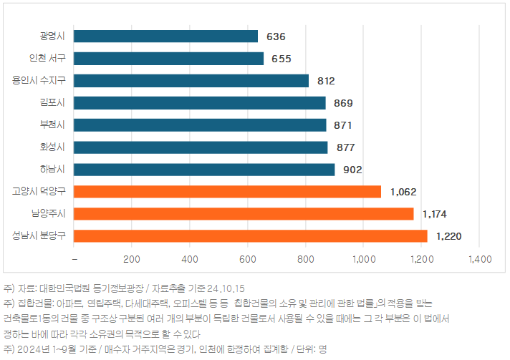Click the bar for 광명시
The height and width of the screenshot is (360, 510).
click(165, 36)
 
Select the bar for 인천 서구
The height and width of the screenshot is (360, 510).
click(168, 58)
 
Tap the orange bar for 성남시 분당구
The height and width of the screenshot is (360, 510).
click(250, 235)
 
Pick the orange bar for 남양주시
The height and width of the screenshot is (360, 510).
click(244, 213)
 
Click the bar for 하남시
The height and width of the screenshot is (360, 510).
click(204, 169)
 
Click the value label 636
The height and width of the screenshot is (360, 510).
click(276, 36)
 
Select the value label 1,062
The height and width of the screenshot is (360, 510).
click(403, 191)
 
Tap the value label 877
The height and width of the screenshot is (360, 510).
click(345, 147)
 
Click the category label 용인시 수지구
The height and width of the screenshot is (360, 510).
click(39, 80)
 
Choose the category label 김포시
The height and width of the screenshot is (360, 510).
click(52, 102)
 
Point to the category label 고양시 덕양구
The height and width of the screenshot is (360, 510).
click(39, 191)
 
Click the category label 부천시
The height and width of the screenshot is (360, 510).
click(52, 125)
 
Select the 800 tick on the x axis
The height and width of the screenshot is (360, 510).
click(305, 258)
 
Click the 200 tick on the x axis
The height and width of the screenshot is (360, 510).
click(132, 258)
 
